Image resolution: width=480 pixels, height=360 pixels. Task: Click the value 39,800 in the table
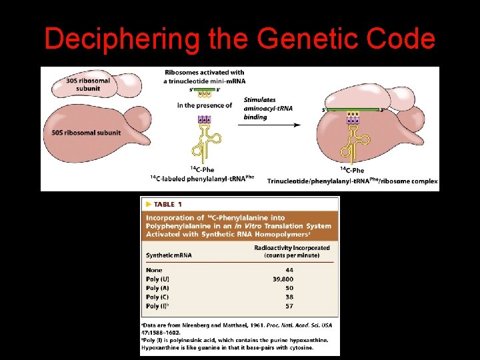point(283,279)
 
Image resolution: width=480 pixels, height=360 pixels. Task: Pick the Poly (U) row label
point(157,279)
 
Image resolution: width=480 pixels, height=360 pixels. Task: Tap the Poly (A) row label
point(157,288)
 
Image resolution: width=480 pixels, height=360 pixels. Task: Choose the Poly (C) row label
point(157,297)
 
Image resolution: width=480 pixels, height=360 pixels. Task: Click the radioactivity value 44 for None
point(287,270)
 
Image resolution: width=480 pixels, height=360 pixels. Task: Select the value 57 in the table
point(287,305)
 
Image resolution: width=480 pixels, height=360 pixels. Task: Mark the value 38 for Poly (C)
point(287,297)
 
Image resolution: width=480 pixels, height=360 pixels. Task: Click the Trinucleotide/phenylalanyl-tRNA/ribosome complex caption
point(353,181)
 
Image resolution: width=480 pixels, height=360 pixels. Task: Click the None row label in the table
point(153,270)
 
